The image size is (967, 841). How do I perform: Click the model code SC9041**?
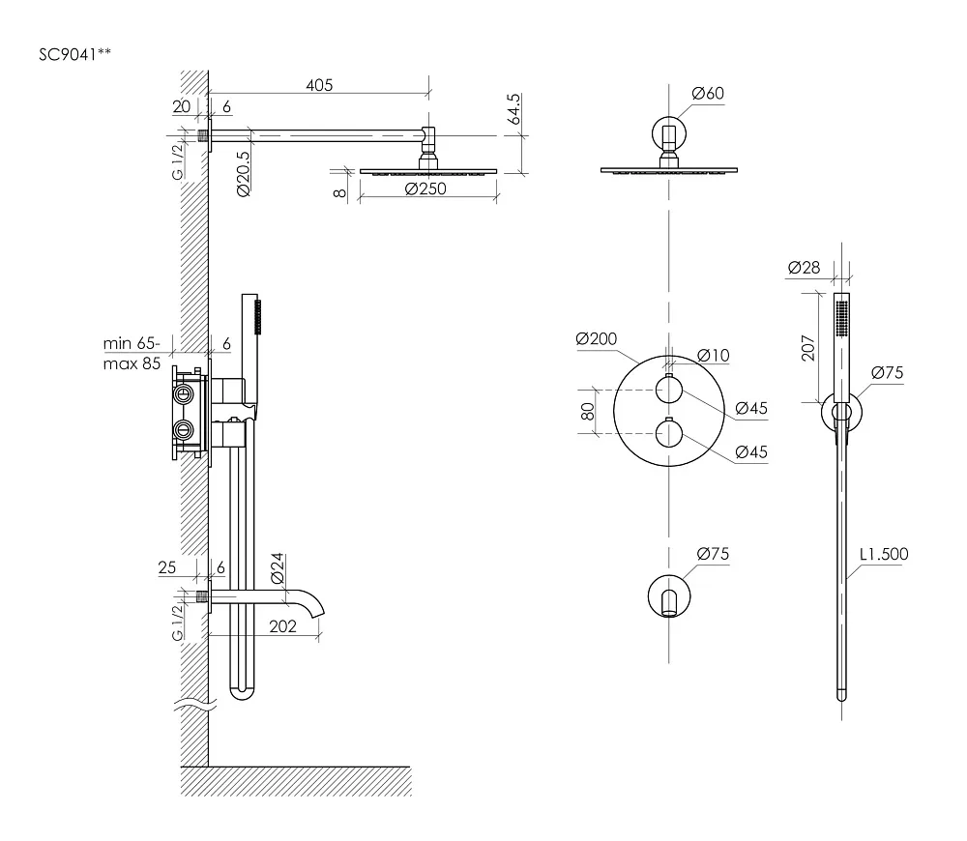point(74,54)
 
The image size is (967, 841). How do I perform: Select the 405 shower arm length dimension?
point(319,85)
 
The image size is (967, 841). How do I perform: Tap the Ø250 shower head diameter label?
point(425,188)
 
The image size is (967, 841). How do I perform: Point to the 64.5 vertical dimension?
point(514,109)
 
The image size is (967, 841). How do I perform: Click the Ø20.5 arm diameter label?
point(243,174)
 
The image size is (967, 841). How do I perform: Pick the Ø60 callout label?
point(708,93)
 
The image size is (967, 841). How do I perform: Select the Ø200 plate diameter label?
point(596,338)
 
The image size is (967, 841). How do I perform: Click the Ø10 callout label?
point(713,355)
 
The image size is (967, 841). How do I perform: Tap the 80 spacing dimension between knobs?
point(588,411)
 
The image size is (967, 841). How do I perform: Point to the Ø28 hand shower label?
point(804,267)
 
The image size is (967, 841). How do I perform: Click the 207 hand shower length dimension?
point(807,348)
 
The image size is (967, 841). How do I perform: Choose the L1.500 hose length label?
point(884,554)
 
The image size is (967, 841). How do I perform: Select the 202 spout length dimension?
point(282,625)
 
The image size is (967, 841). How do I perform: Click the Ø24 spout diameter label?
point(278,567)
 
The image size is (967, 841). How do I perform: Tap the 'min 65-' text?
point(131,343)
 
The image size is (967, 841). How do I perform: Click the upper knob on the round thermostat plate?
point(668,389)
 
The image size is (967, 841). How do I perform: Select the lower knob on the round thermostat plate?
point(668,433)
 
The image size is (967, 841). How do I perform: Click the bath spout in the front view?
point(668,602)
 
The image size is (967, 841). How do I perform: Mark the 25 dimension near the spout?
point(167,567)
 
